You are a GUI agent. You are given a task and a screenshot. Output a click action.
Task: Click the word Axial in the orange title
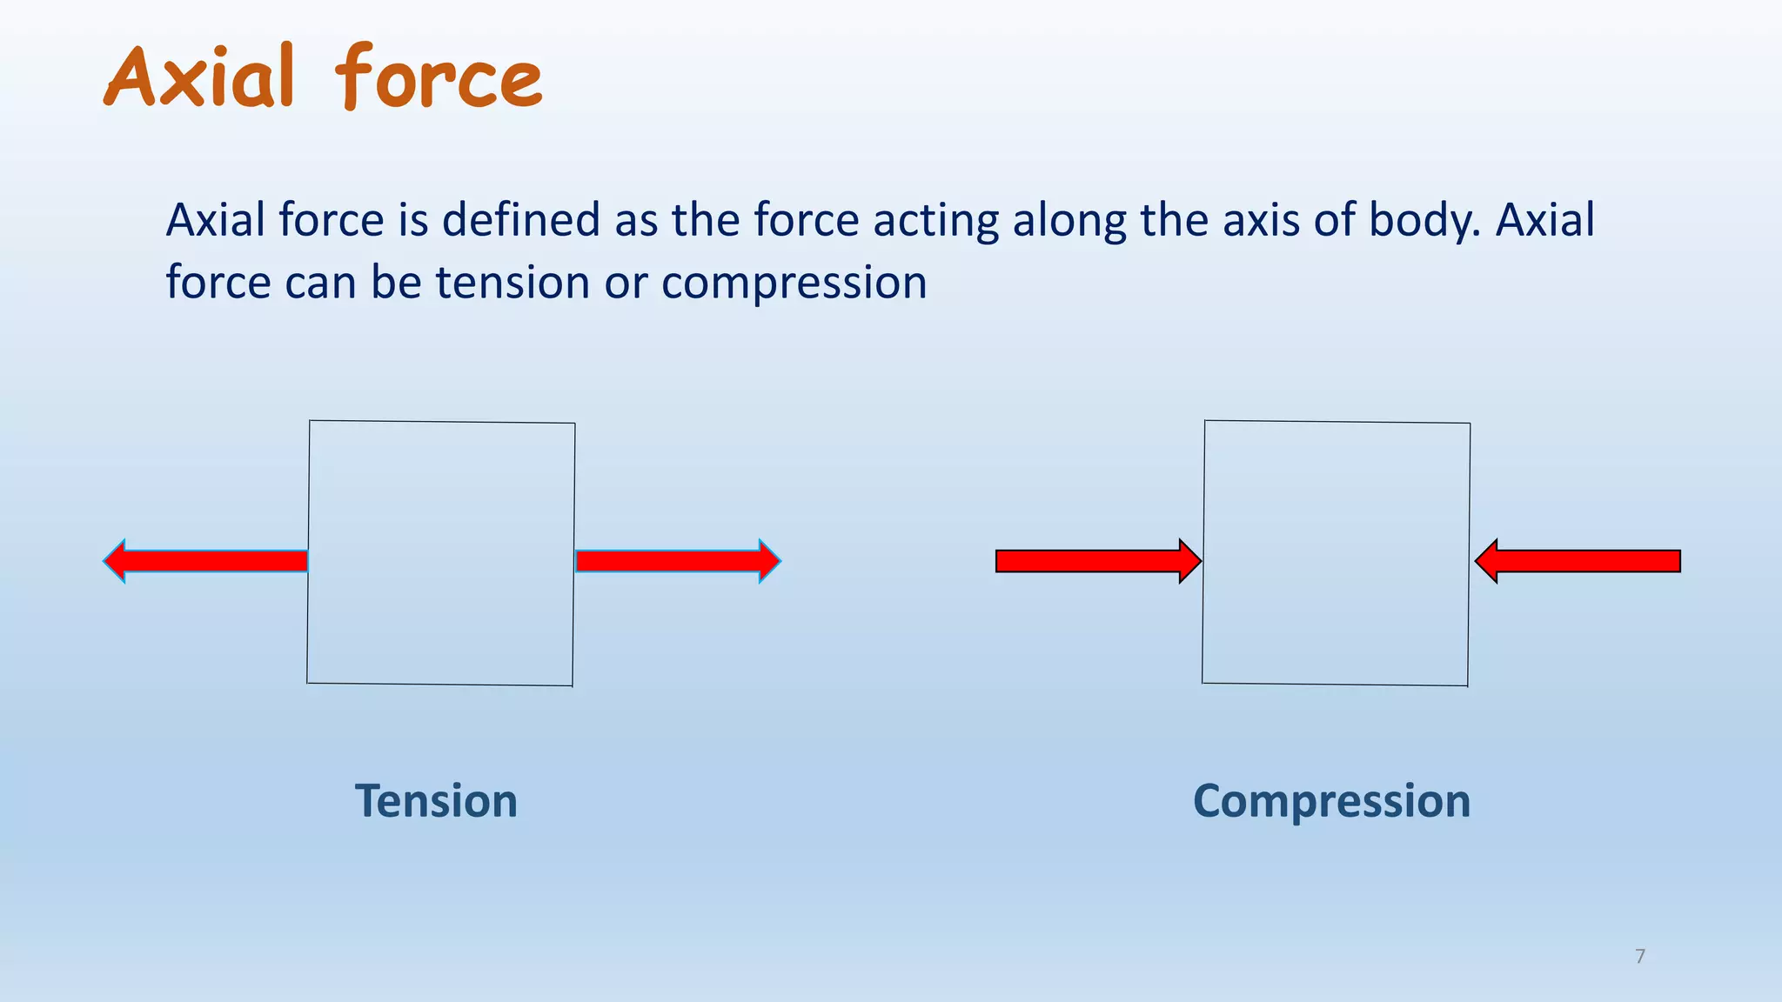199,78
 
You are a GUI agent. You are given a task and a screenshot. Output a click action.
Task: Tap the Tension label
436,800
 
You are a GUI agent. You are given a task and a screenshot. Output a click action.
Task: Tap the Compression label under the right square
1331,800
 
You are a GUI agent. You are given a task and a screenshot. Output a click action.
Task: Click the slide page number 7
1640,957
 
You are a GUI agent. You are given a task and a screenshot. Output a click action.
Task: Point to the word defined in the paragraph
520,219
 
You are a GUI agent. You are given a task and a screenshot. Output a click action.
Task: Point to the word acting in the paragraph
935,221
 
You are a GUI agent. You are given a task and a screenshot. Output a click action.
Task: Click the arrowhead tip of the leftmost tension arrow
106,561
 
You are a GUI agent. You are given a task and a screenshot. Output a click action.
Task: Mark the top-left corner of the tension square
310,421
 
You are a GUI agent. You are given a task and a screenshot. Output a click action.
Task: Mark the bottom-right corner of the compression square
1468,685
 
